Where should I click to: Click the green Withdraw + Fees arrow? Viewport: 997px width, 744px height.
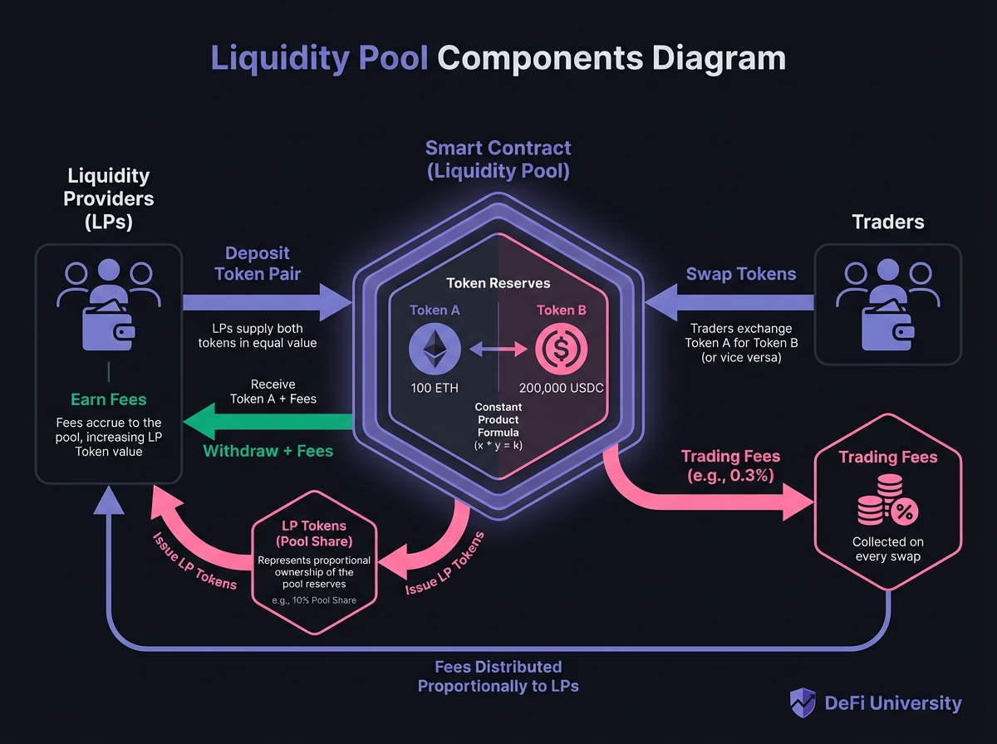[x=266, y=423]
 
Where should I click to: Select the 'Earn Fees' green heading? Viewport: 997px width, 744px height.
[x=108, y=399]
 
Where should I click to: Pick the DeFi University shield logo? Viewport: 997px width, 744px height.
[x=801, y=703]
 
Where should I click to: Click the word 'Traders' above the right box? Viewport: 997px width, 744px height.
[x=888, y=223]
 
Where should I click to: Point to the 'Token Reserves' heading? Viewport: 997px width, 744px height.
[x=498, y=283]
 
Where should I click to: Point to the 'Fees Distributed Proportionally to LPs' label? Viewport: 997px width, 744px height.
[x=498, y=677]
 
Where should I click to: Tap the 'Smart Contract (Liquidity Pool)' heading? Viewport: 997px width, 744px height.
[x=498, y=160]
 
